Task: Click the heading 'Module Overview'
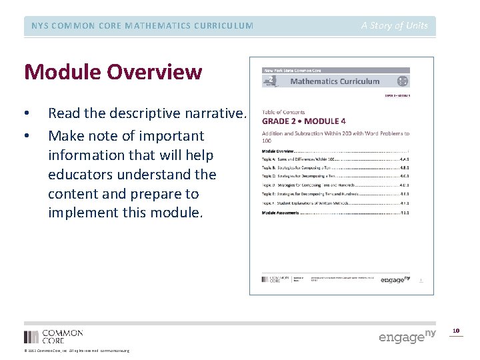[113, 71]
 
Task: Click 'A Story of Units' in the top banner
[395, 25]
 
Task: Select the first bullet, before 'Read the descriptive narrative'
[26, 117]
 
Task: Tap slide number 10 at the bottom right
[456, 331]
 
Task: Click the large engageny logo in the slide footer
[407, 335]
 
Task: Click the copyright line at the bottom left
[77, 351]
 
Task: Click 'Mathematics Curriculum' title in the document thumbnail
[335, 81]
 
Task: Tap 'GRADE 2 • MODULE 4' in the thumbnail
[303, 121]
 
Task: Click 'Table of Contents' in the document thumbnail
[284, 113]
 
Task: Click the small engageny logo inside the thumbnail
[396, 279]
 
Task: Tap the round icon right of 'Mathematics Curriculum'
[402, 81]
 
